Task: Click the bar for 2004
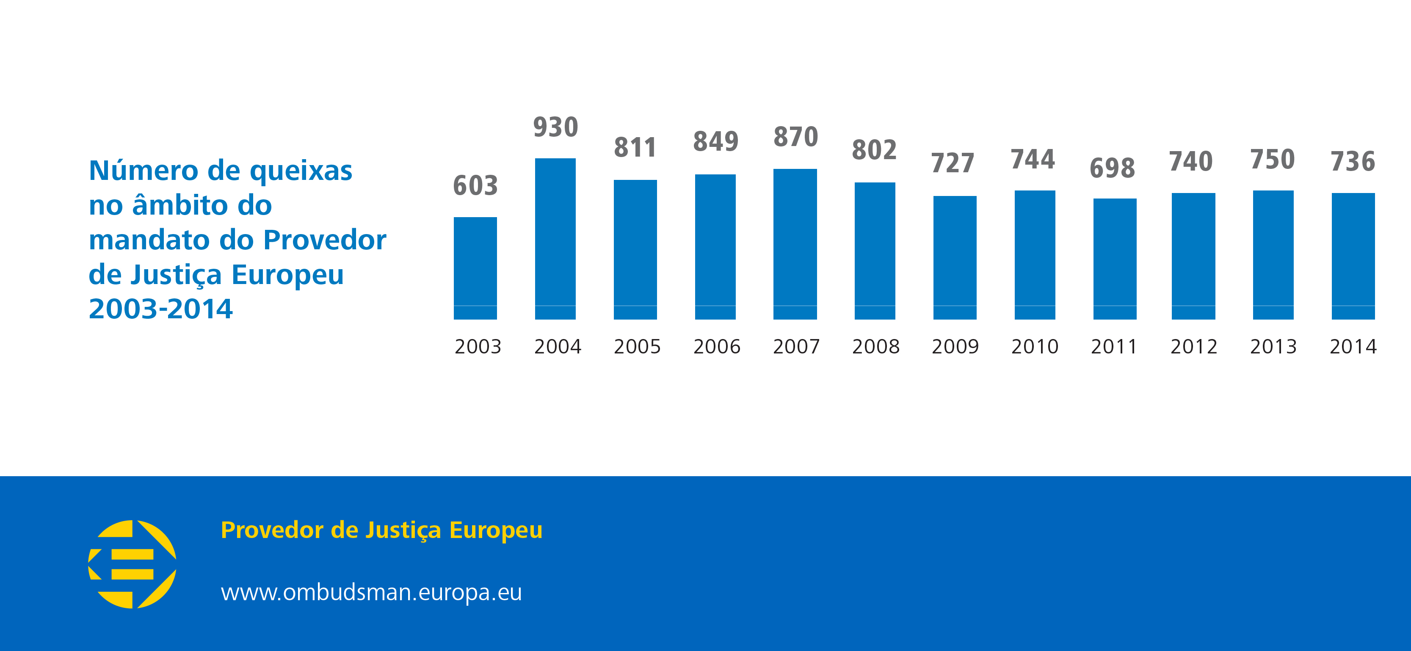point(555,238)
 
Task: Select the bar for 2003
point(475,268)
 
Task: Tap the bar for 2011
point(1114,259)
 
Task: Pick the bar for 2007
point(795,244)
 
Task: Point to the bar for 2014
point(1353,256)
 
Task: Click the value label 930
point(555,127)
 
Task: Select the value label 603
point(475,186)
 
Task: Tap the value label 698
point(1112,168)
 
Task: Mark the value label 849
point(715,142)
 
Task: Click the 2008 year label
point(875,347)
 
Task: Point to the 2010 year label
point(1035,347)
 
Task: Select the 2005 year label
point(637,347)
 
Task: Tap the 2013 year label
point(1273,347)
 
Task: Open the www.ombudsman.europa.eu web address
point(371,593)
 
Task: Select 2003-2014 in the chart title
point(160,309)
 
